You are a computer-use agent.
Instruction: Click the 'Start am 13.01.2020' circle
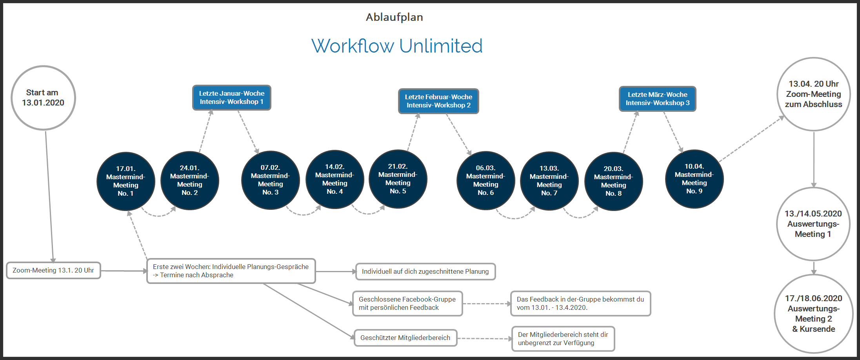click(43, 98)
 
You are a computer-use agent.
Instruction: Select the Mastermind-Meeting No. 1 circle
click(125, 181)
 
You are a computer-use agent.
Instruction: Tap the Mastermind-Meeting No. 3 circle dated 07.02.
click(270, 180)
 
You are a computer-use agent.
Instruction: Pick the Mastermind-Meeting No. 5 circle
click(398, 179)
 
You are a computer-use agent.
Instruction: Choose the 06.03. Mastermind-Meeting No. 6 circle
click(485, 180)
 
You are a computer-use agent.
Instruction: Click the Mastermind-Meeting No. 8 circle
click(613, 181)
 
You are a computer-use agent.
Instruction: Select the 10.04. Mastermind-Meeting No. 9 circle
click(694, 179)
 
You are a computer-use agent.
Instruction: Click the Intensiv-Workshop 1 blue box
click(231, 98)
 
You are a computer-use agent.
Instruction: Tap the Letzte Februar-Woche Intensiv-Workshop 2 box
click(438, 101)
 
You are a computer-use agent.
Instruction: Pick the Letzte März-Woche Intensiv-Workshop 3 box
click(657, 99)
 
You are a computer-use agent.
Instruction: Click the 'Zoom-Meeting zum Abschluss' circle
click(813, 94)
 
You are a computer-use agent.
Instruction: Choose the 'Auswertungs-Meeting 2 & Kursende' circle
click(813, 313)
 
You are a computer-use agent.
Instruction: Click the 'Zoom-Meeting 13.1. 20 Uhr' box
click(53, 271)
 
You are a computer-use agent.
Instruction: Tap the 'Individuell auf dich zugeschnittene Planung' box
click(425, 271)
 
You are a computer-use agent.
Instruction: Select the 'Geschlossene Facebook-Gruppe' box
click(407, 304)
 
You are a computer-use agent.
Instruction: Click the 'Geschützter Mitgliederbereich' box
click(405, 338)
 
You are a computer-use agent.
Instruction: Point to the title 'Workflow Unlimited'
click(397, 46)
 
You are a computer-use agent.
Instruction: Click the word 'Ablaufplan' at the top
click(394, 17)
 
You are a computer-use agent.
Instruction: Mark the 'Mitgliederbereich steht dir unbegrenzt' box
click(563, 339)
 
